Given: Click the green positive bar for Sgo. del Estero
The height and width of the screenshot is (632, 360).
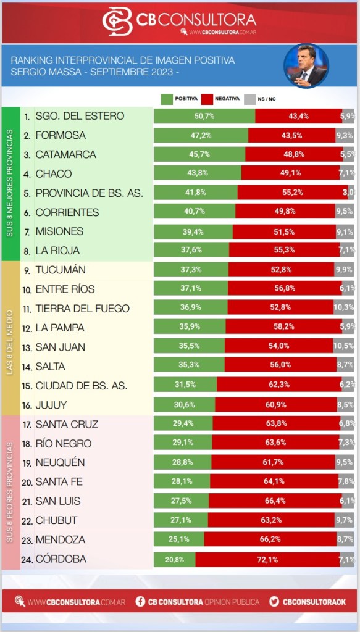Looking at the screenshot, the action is coord(204,116).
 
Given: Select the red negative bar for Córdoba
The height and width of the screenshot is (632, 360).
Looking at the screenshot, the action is coord(267,559).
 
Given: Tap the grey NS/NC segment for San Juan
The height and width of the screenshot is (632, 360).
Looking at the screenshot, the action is coord(344,347).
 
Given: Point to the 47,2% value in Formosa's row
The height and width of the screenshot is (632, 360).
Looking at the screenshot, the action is coord(201,135).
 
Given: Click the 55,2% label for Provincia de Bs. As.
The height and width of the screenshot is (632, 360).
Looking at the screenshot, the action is coord(293,193).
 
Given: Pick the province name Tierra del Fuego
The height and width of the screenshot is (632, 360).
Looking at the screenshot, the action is coord(83,309).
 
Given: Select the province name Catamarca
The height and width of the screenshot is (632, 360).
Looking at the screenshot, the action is coord(65,155).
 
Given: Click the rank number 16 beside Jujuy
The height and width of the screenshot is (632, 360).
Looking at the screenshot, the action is coord(27,405).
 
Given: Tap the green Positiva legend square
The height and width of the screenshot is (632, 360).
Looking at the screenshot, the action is coord(166,99).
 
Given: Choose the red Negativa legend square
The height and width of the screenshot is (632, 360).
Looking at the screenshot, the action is coord(207,99).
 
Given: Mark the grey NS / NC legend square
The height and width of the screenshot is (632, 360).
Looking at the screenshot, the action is coord(250,99).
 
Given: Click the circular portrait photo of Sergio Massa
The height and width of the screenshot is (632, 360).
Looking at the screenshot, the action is coord(306,65).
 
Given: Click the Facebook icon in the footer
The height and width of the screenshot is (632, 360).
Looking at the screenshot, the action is coord(140,602).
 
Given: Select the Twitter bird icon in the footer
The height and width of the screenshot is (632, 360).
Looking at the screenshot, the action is coord(275,602).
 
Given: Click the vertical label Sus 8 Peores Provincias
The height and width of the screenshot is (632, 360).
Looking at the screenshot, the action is coord(10,492).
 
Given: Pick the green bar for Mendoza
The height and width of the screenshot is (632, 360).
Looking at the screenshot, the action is coord(179,540).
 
